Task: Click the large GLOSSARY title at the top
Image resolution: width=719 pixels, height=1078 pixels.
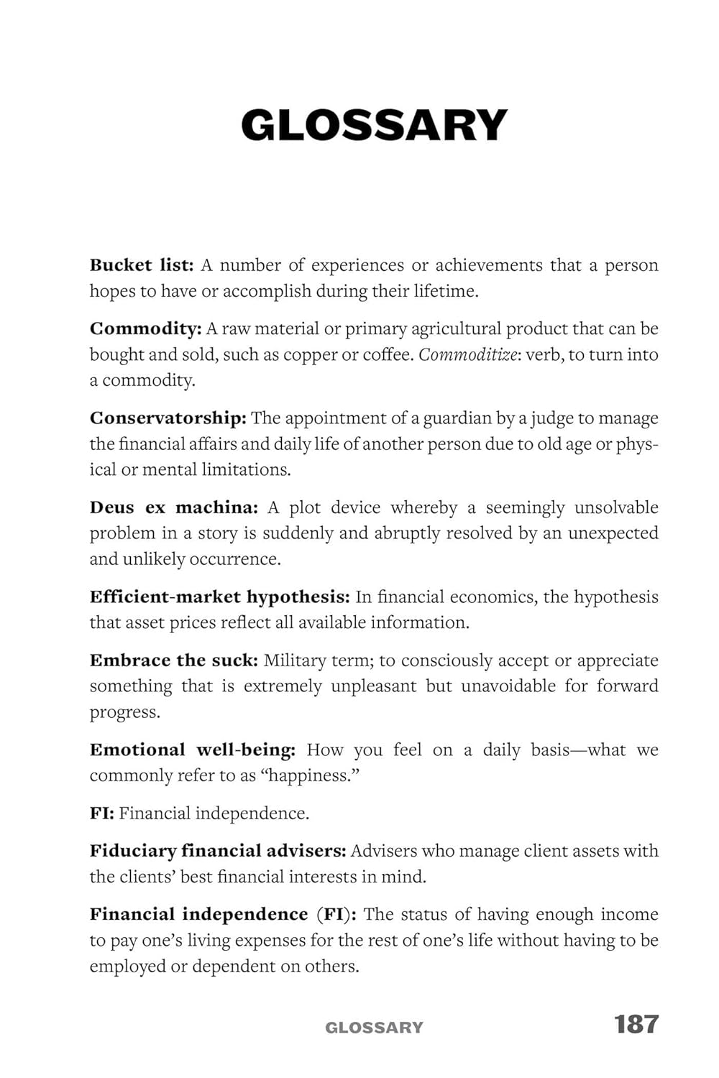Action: pyautogui.click(x=374, y=125)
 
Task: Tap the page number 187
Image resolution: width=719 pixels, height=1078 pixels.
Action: pyautogui.click(x=636, y=1024)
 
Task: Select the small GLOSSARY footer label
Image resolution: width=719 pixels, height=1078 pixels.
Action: pyautogui.click(x=374, y=1028)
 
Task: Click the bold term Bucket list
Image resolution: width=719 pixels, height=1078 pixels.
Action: pyautogui.click(x=142, y=265)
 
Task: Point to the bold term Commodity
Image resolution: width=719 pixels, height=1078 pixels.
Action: pyautogui.click(x=145, y=329)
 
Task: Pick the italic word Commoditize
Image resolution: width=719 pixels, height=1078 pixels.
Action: pyautogui.click(x=467, y=354)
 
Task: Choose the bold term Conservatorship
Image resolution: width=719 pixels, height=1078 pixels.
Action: pyautogui.click(x=168, y=418)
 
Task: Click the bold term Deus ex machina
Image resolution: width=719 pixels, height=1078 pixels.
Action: pyautogui.click(x=173, y=507)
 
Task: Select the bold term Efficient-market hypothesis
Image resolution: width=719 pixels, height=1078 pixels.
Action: pyautogui.click(x=219, y=597)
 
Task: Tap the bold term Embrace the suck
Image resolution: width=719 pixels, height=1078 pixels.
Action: pyautogui.click(x=173, y=660)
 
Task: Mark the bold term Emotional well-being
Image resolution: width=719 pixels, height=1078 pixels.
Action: pyautogui.click(x=192, y=750)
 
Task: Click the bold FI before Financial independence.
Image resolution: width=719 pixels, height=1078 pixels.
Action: pyautogui.click(x=101, y=814)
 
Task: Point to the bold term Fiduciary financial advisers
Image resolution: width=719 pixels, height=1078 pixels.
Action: pyautogui.click(x=218, y=851)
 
